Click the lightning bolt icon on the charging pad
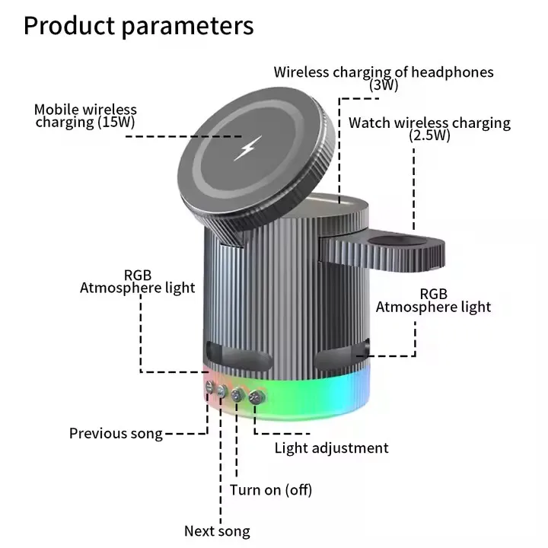coord(247,147)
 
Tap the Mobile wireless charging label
coord(85,110)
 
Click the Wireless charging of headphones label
coord(384,72)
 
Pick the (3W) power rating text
coord(384,85)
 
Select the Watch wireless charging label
coord(429,123)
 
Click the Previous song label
coord(116,433)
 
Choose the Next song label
coord(217,530)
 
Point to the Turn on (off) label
coord(271,489)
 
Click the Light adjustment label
coord(331,448)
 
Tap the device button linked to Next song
coord(222,391)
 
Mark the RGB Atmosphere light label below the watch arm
coord(433,301)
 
